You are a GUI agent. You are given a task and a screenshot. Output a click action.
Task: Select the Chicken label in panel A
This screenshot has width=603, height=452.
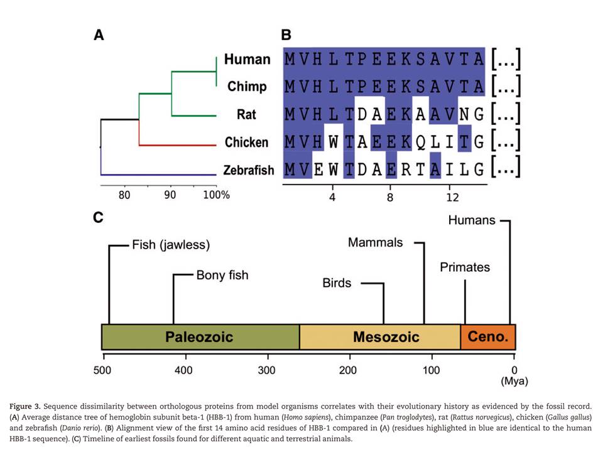point(246,142)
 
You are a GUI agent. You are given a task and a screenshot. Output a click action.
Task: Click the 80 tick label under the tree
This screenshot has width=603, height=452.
point(124,195)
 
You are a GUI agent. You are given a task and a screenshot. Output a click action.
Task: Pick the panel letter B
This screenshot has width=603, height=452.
point(286,35)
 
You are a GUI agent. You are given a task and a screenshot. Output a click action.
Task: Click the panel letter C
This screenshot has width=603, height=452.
point(99,218)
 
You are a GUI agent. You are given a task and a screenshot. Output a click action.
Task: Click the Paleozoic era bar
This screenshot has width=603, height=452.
point(200,336)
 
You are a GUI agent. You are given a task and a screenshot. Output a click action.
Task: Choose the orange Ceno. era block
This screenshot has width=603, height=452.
point(488,336)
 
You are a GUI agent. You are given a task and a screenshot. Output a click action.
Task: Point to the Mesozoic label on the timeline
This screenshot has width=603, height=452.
point(386,336)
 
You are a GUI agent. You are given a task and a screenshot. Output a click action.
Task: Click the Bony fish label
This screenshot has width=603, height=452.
point(222,275)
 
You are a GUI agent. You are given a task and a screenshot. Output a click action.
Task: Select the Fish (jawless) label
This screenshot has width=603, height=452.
point(171,244)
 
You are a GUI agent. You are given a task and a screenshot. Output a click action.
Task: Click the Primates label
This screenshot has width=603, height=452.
point(465,267)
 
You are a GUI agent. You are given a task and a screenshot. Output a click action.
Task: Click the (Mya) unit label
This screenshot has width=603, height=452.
point(514,381)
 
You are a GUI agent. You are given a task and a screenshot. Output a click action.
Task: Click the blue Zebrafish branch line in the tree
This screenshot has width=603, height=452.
point(157,174)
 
